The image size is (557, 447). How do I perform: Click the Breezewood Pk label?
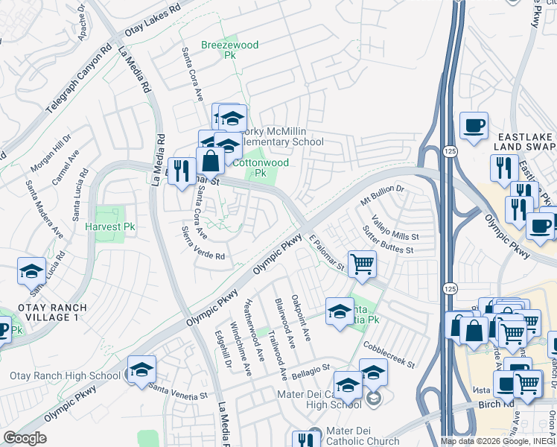point(230,51)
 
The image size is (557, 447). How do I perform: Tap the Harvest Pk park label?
point(109,226)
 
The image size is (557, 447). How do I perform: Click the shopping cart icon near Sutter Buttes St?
point(362,264)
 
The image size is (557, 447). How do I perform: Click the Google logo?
point(25,438)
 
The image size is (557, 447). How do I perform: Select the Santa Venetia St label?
point(179,390)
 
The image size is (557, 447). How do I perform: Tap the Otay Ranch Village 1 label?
point(48,312)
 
